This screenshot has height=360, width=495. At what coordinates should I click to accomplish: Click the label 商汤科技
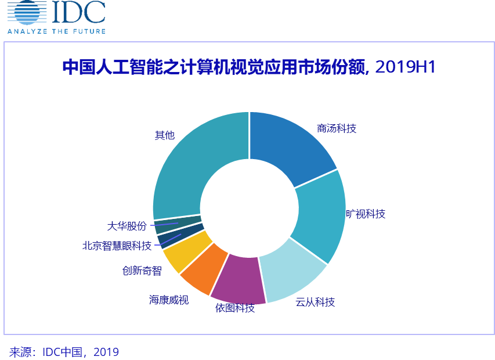point(337,128)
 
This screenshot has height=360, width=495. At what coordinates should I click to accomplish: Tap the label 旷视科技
point(366,214)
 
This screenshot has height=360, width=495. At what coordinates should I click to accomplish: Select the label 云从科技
point(315,302)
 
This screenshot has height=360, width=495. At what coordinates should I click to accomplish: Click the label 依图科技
point(235,308)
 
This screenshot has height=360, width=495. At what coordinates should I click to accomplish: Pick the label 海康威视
point(169,300)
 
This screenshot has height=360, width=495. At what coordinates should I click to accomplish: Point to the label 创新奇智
point(142,271)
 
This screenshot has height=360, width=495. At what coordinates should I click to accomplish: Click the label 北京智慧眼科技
point(117,246)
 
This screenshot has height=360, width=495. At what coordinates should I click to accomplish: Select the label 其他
point(164,135)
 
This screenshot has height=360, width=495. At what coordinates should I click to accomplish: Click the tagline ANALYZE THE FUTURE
point(56,30)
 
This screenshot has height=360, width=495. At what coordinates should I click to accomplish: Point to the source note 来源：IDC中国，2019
point(64,352)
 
